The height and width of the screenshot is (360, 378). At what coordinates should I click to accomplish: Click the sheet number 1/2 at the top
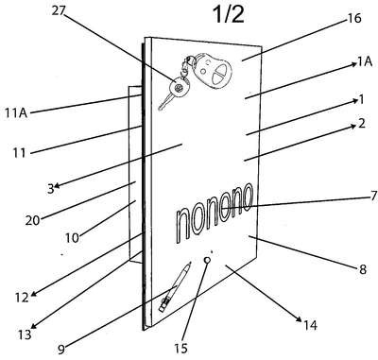229,15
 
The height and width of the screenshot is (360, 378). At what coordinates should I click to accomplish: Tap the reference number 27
59,11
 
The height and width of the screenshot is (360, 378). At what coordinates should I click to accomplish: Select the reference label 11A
16,112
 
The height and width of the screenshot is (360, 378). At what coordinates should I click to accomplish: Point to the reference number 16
353,18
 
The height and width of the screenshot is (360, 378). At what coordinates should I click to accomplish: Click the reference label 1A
364,62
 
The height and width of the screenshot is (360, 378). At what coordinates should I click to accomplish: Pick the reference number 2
362,123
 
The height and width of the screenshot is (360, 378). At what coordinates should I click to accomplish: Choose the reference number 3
51,189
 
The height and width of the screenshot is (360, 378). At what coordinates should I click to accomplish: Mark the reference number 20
33,220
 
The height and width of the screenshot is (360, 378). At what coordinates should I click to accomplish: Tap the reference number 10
72,238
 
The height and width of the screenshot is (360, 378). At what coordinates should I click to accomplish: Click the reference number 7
373,196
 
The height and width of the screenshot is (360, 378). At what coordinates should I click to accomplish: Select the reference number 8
363,269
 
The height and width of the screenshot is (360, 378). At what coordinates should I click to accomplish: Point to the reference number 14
310,325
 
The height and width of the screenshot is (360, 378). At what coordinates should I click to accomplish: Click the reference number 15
180,348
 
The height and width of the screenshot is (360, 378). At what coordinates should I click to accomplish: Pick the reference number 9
61,349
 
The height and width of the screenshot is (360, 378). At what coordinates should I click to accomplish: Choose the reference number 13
25,334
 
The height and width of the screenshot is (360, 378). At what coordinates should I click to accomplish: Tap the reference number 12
22,298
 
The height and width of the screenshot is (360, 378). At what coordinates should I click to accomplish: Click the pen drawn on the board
175,286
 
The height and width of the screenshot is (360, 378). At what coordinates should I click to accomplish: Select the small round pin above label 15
207,260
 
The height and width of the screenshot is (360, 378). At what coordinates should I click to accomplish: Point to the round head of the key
179,87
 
